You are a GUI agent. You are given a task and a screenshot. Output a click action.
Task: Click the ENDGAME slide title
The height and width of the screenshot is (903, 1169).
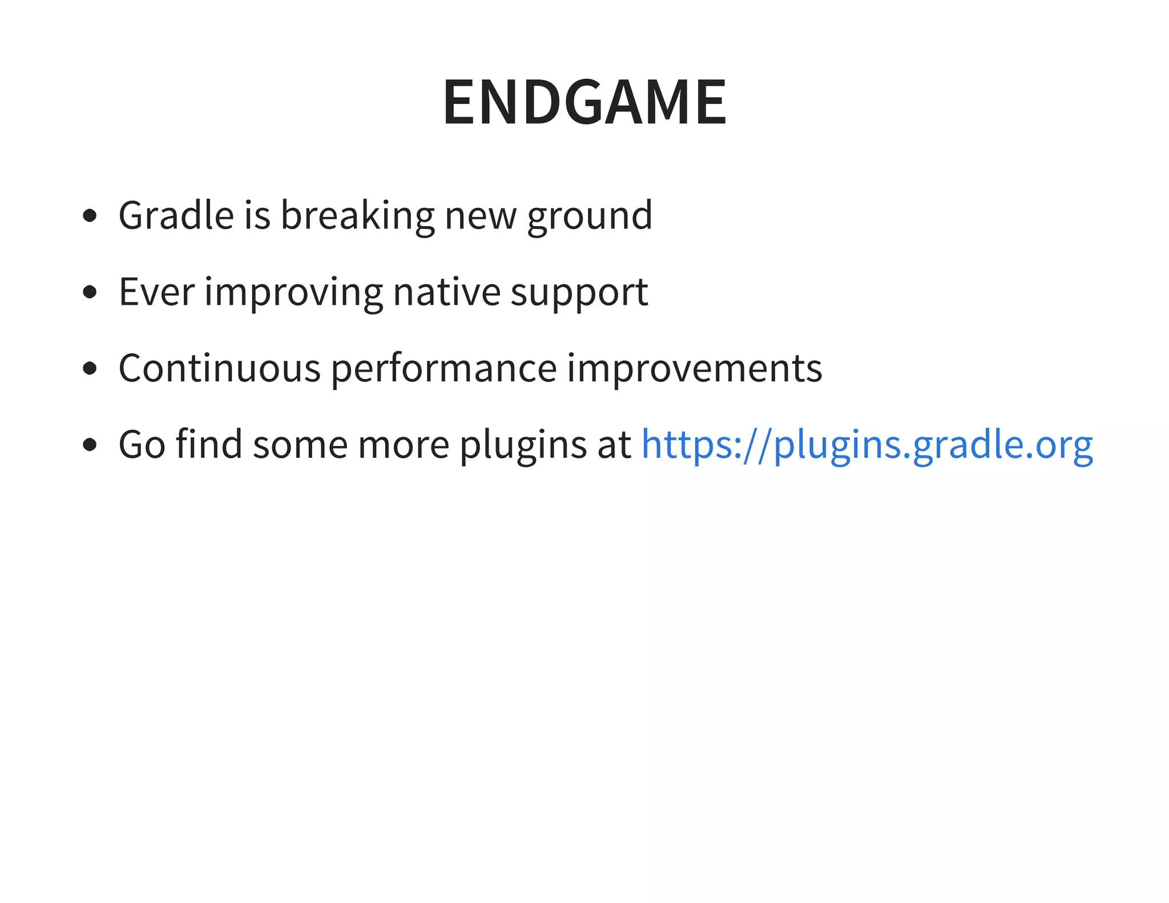pyautogui.click(x=584, y=103)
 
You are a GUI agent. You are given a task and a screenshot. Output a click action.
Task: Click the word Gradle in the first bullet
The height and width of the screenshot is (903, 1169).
pyautogui.click(x=176, y=216)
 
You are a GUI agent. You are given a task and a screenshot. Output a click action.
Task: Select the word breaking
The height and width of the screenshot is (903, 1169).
pyautogui.click(x=357, y=216)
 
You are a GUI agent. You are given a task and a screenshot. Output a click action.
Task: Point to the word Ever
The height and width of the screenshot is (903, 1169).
pyautogui.click(x=156, y=292)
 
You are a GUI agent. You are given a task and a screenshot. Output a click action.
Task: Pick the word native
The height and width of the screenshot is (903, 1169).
pyautogui.click(x=447, y=292)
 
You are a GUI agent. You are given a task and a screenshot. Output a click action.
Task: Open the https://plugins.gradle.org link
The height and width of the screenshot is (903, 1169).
pyautogui.click(x=867, y=445)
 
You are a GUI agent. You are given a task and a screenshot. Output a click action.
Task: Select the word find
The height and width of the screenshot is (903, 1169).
pyautogui.click(x=209, y=444)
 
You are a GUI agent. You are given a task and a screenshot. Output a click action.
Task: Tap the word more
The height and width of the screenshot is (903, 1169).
pyautogui.click(x=404, y=445)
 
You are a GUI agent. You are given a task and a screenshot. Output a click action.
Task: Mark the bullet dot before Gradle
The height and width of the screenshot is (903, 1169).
pyautogui.click(x=90, y=216)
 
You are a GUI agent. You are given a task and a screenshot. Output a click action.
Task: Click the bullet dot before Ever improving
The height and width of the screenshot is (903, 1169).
pyautogui.click(x=90, y=292)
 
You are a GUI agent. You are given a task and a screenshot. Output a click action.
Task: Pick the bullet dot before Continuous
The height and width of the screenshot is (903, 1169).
pyautogui.click(x=90, y=368)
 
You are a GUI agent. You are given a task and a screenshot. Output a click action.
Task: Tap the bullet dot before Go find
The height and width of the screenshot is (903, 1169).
pyautogui.click(x=90, y=444)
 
